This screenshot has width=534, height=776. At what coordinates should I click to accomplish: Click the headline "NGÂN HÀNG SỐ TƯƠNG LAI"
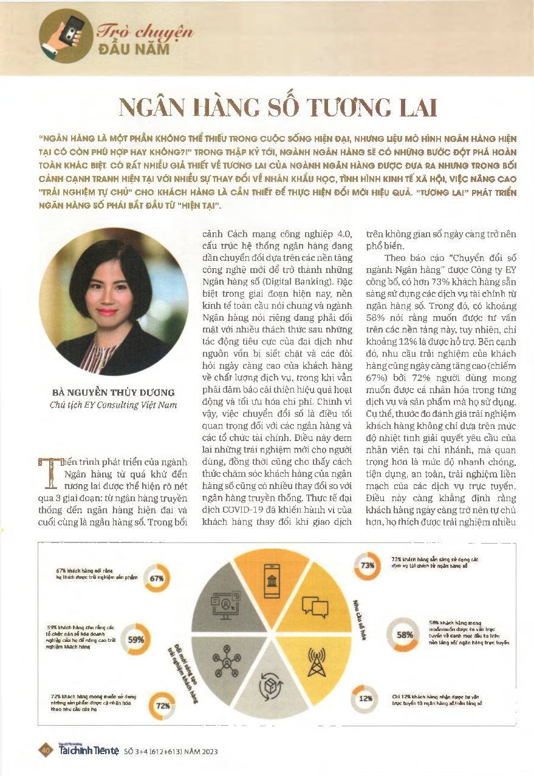[277, 107]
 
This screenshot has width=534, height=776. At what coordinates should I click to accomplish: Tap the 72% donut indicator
[162, 706]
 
